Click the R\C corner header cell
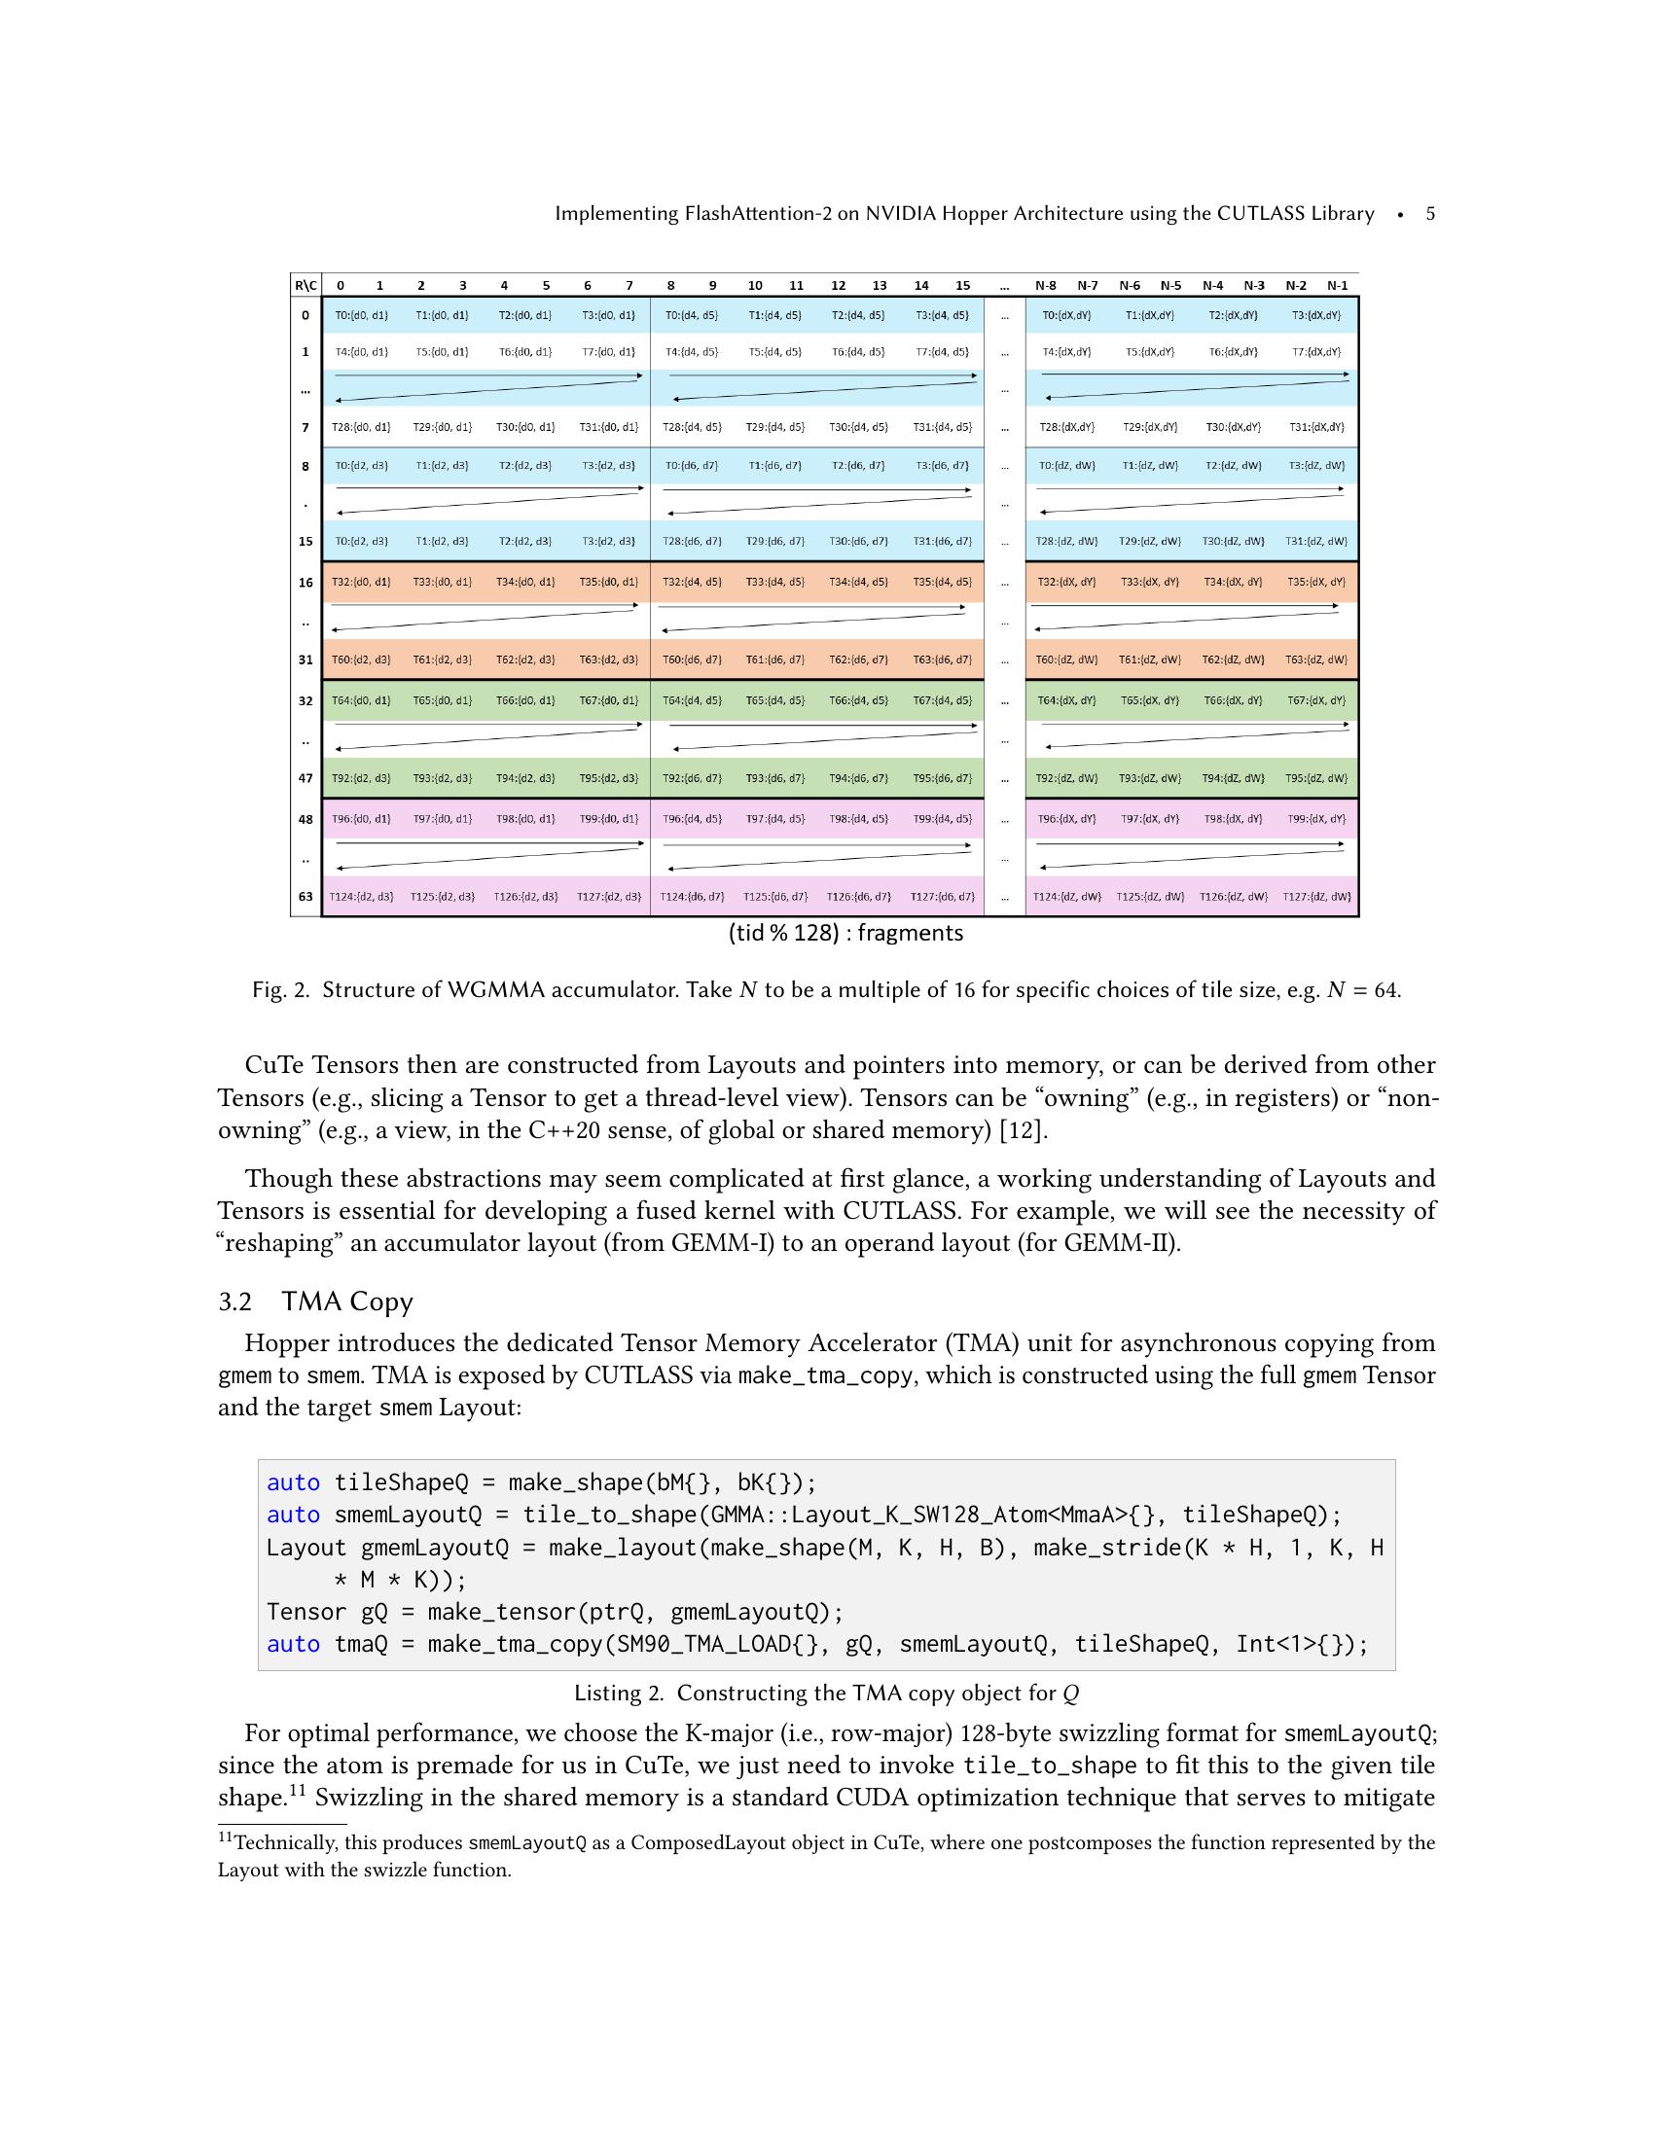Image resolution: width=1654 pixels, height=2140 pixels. (x=306, y=286)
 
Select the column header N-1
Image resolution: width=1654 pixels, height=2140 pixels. (x=1337, y=286)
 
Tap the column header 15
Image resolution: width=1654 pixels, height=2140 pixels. (x=962, y=286)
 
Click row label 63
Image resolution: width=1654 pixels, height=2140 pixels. (x=306, y=897)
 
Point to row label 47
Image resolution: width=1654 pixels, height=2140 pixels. (x=306, y=778)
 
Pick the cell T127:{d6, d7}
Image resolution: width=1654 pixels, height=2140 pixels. (x=942, y=897)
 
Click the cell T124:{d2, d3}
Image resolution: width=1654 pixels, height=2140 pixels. (x=361, y=897)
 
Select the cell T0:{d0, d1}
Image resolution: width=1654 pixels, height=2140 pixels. (x=361, y=315)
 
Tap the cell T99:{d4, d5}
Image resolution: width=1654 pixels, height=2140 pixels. (x=942, y=818)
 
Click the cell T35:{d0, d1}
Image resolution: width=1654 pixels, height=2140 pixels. (x=608, y=582)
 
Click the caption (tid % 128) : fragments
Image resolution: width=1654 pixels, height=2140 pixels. (x=845, y=933)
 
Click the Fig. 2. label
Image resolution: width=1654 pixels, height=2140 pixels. (x=280, y=989)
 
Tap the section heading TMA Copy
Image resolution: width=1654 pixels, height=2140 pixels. (x=347, y=1302)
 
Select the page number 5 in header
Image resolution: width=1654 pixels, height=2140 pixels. (x=1429, y=214)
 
